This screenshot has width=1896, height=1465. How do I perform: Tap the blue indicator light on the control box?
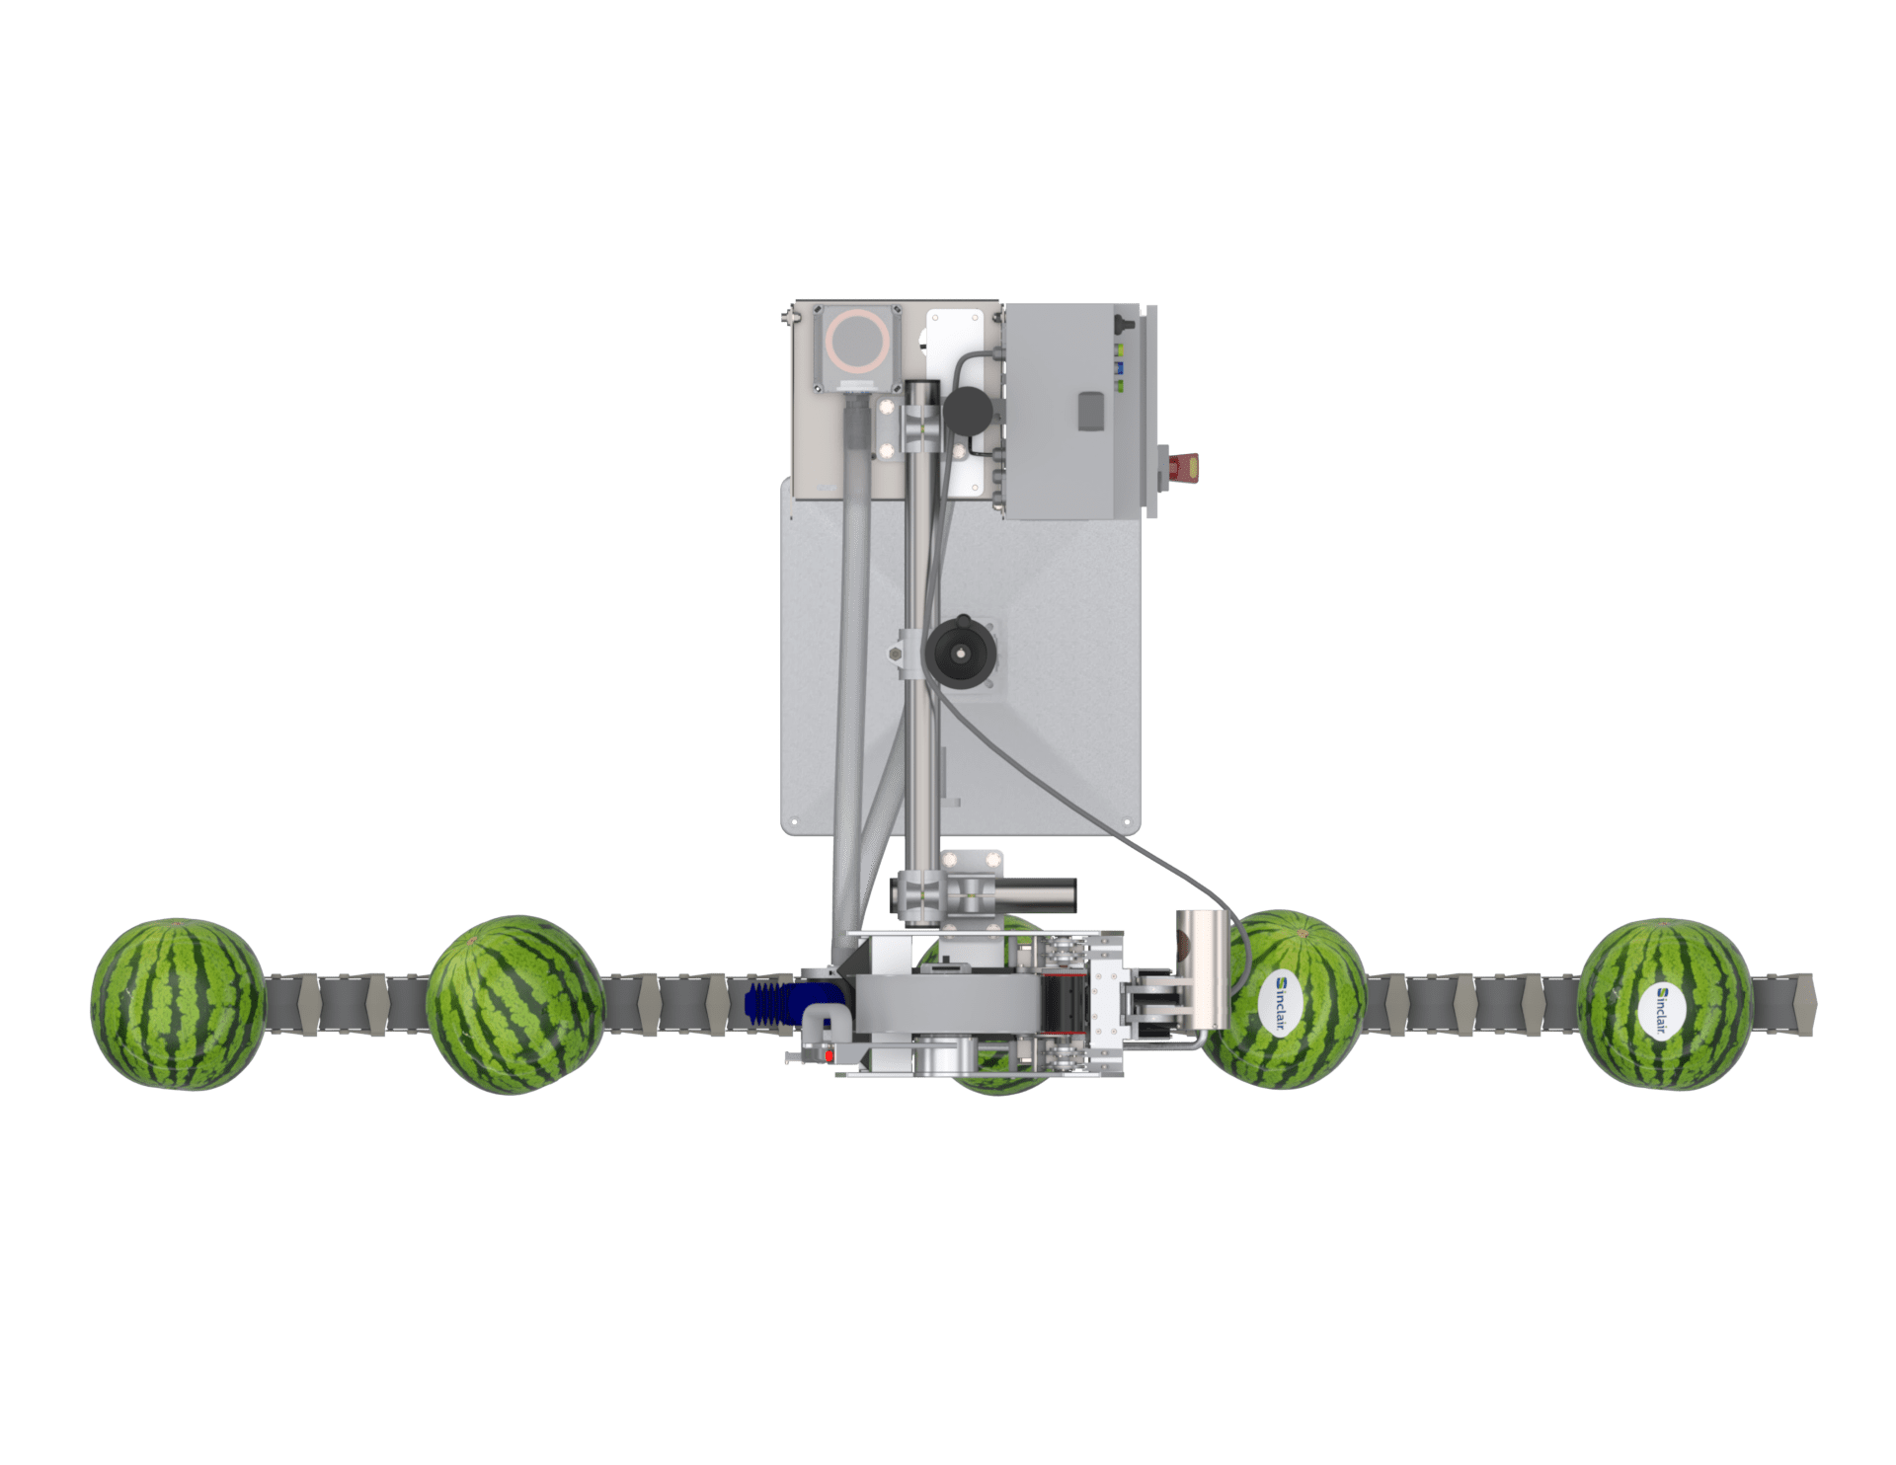click(x=1120, y=367)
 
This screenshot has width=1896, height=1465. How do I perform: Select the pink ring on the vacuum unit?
click(x=857, y=341)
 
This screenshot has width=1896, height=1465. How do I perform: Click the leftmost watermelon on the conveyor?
click(x=178, y=1004)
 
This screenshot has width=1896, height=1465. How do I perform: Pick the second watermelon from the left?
click(x=514, y=1004)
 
